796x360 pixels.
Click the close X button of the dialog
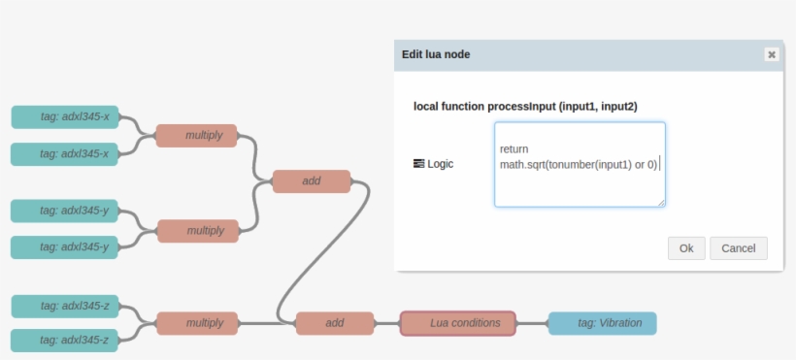771,54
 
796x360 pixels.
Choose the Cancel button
739,248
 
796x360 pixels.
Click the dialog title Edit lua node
436,54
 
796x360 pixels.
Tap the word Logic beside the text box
448,164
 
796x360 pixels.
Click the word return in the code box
514,149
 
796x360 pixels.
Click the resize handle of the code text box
661,203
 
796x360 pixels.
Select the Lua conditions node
458,323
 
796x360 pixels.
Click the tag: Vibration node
602,323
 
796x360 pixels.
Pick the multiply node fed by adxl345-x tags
197,136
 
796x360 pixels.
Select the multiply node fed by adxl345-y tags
197,231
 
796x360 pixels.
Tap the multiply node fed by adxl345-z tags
197,323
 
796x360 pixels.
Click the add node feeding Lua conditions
335,323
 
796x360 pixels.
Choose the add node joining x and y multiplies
311,181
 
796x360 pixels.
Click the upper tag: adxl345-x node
65,117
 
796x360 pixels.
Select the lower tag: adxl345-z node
65,341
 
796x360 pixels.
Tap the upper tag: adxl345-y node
65,211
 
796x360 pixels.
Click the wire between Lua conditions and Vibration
532,323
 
